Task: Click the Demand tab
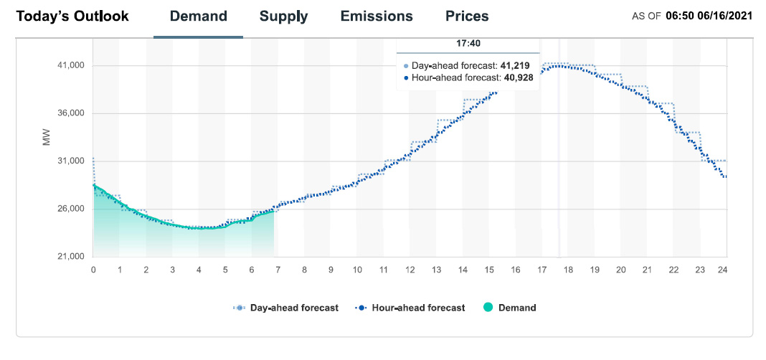[198, 16]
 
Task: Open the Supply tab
[283, 16]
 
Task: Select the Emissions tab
[377, 16]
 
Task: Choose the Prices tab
[467, 16]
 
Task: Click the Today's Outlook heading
[72, 16]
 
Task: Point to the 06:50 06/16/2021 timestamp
[709, 16]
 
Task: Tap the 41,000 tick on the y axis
[70, 66]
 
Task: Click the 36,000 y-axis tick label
[70, 113]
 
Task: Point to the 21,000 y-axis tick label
[70, 257]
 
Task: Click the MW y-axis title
[47, 138]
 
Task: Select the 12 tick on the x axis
[410, 270]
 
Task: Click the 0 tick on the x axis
[93, 270]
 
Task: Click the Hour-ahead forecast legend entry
[410, 308]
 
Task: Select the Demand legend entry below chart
[510, 308]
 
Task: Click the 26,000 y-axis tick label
[70, 209]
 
